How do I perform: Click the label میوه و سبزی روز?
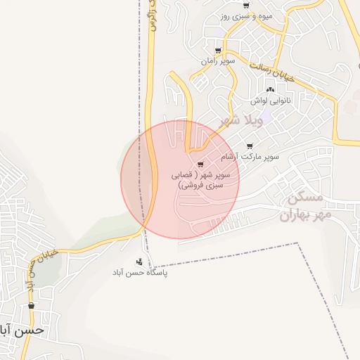click(x=245, y=16)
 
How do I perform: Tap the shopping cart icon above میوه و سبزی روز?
click(x=245, y=6)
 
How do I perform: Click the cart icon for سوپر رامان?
click(x=218, y=51)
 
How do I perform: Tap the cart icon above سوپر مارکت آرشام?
click(x=249, y=146)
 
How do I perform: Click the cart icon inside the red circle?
click(x=201, y=165)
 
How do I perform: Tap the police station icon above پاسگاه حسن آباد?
click(x=147, y=260)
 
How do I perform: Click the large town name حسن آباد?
click(x=22, y=330)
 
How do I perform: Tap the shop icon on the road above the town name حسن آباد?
click(x=31, y=305)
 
